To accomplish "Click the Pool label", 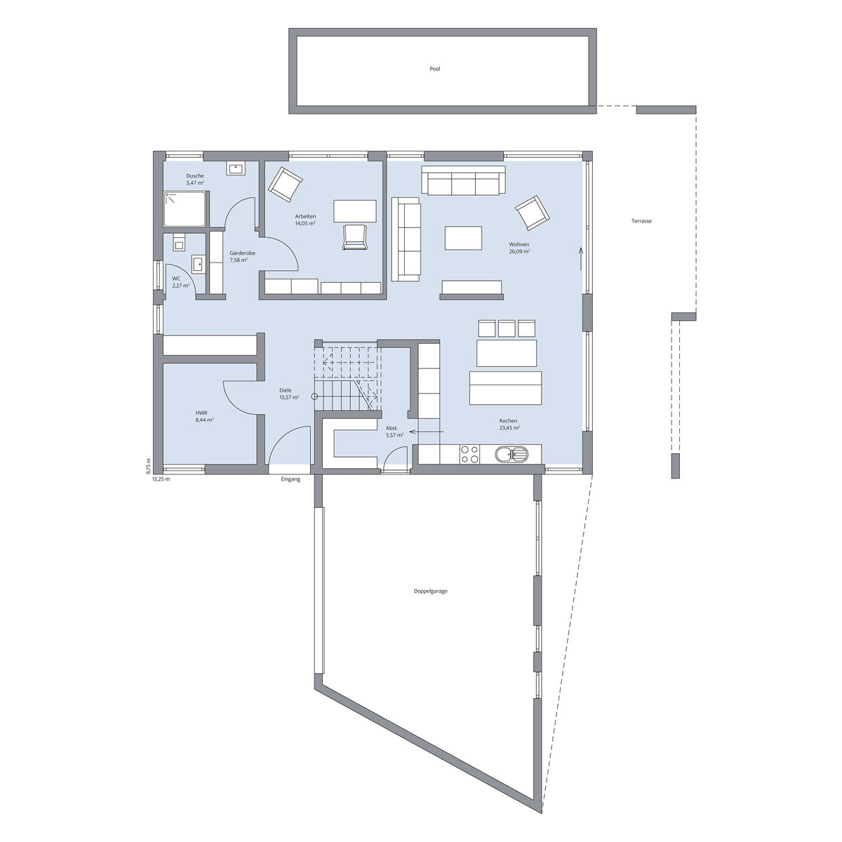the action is [435, 69].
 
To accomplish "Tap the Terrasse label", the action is [641, 221].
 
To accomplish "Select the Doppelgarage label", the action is [430, 592].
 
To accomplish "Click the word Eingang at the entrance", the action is [290, 479].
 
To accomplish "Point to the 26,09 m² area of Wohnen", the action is [519, 252].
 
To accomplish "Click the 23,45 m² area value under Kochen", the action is [509, 428].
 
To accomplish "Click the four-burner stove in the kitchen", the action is [469, 454].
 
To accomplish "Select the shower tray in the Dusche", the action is [185, 209].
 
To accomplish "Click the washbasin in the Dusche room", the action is [236, 168].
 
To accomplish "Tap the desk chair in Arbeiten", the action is [354, 237].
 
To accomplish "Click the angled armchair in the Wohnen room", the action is [532, 213].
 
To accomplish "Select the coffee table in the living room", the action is [463, 238].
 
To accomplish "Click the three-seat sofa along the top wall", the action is [463, 180].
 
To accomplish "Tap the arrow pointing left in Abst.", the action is [426, 432].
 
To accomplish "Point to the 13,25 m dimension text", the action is [161, 479].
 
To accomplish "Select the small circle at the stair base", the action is [314, 396].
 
